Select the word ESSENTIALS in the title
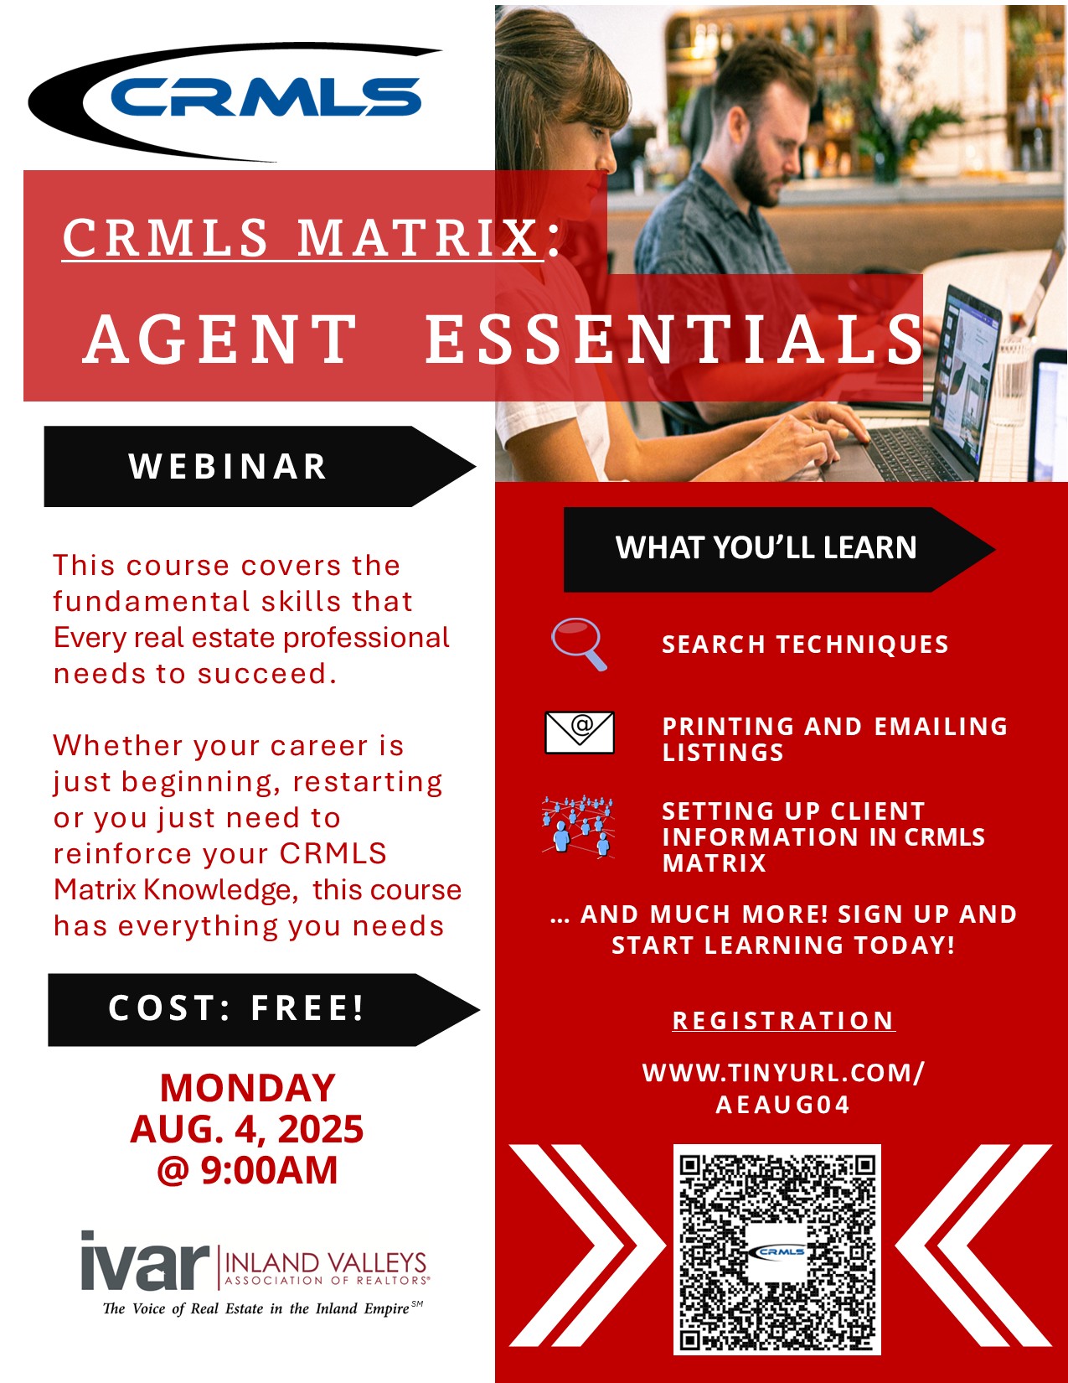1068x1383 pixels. (x=674, y=339)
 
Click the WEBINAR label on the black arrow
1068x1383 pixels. (x=228, y=467)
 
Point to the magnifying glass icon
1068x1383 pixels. (x=579, y=644)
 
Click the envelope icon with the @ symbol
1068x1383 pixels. (x=580, y=733)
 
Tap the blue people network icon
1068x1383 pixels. (x=578, y=826)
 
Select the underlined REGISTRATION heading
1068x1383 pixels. (x=784, y=1021)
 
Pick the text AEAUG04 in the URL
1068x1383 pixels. (x=783, y=1105)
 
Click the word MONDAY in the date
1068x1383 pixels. (x=247, y=1088)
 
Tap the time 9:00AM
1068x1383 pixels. (x=269, y=1170)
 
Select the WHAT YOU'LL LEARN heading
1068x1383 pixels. (x=766, y=548)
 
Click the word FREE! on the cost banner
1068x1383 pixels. (x=307, y=1008)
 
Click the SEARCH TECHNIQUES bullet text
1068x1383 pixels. (x=805, y=645)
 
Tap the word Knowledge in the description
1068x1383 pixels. (x=221, y=890)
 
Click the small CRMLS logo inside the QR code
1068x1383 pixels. (x=781, y=1251)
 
